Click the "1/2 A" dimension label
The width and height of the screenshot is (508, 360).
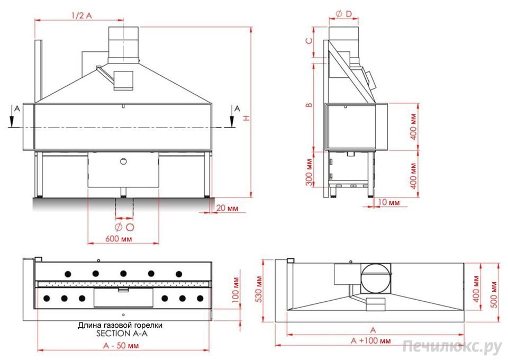pos(81,15)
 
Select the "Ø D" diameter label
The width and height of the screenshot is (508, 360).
pos(344,14)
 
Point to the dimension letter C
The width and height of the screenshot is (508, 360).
pos(308,40)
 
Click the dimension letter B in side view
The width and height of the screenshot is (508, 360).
pos(308,105)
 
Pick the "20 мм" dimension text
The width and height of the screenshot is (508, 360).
pos(228,209)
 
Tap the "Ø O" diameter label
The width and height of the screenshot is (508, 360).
pos(124,227)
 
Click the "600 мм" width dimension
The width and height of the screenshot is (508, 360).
pos(119,239)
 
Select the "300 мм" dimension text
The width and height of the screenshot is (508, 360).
pos(308,173)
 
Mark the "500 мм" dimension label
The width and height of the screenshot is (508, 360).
pos(494,291)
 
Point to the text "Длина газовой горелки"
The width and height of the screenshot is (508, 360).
pos(120,326)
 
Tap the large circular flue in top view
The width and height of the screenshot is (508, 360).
pos(376,277)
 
